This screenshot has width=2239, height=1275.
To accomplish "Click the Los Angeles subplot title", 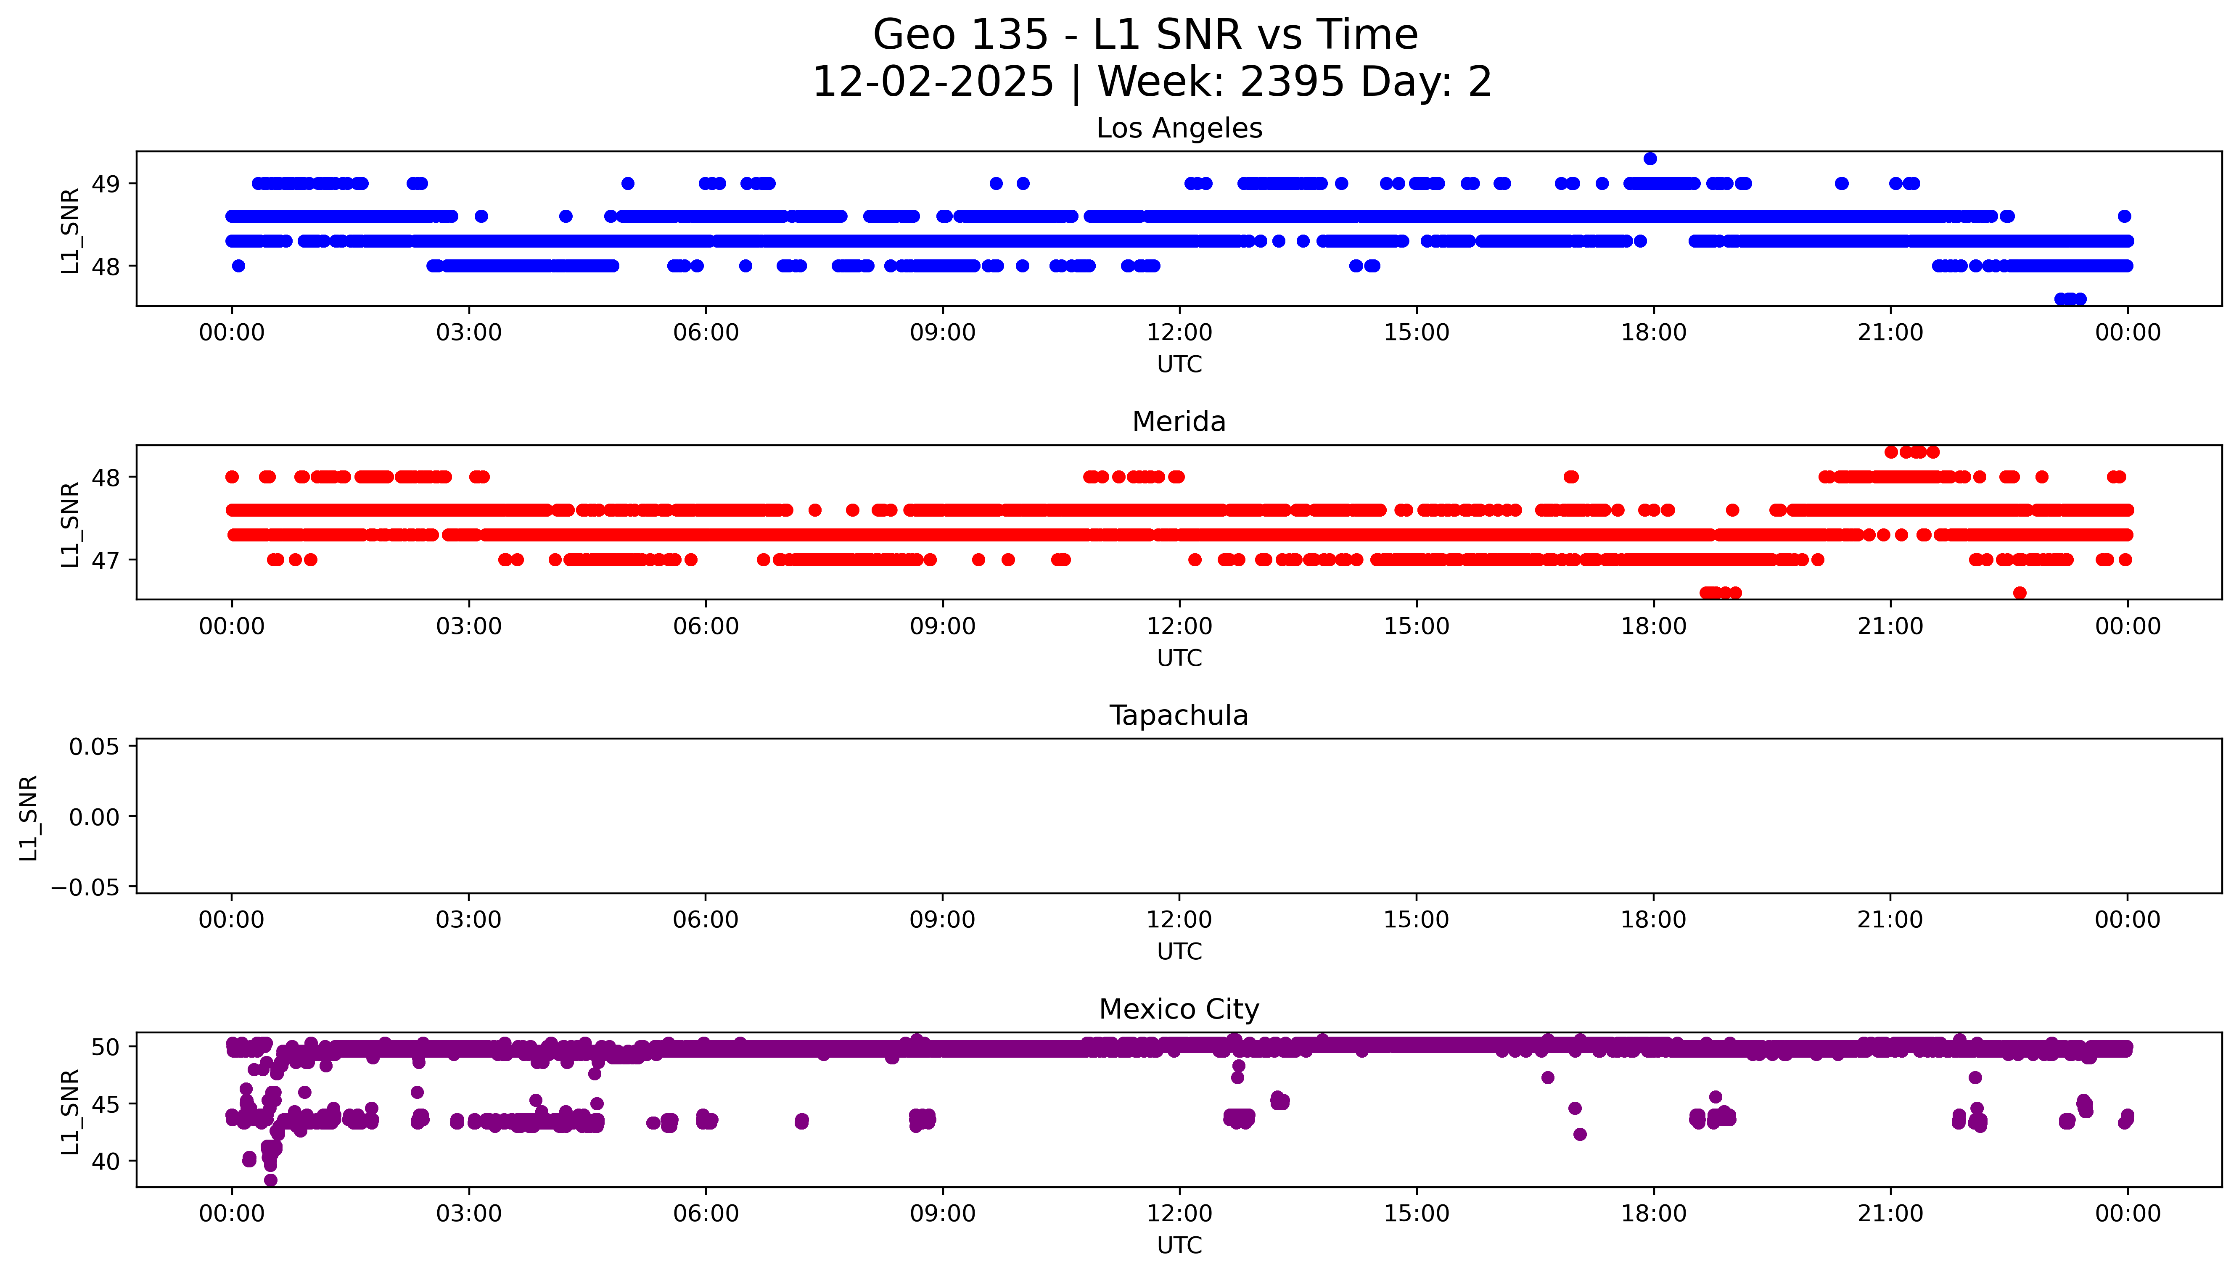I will click(x=1179, y=129).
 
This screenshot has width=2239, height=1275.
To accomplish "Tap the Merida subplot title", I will click(x=1179, y=422).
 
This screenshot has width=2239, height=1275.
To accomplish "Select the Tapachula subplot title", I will click(x=1179, y=715).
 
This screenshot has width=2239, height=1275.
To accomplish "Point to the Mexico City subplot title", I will click(x=1179, y=1010).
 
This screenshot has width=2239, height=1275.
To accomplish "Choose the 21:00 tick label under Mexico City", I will click(x=1890, y=1214).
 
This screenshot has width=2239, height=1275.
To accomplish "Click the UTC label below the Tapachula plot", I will click(x=1179, y=952).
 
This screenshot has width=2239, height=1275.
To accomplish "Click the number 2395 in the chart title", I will click(x=1292, y=82).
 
